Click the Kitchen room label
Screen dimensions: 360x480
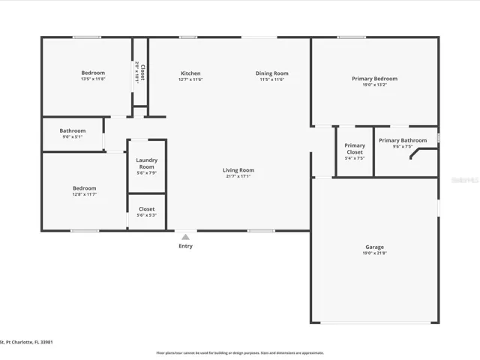[x=190, y=73]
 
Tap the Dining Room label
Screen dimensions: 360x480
[x=271, y=73]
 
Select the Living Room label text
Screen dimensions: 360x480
[x=238, y=170]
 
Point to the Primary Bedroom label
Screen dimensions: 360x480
[x=374, y=79]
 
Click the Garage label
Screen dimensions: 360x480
[x=374, y=247]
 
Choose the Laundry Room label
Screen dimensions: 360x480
[x=146, y=163]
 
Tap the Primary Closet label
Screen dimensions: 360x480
[x=355, y=148]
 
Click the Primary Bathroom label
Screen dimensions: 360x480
[x=403, y=140]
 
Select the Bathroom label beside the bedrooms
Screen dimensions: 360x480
[x=73, y=131]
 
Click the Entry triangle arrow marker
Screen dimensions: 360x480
[x=185, y=237]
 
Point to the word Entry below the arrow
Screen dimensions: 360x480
[x=185, y=246]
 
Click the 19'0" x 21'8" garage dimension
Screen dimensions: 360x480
[x=374, y=253]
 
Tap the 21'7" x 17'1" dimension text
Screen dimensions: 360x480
[x=238, y=177]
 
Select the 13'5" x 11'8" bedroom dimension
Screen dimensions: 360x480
[x=93, y=79]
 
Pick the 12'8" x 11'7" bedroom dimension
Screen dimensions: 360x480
[x=84, y=195]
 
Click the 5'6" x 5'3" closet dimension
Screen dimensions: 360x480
[x=146, y=215]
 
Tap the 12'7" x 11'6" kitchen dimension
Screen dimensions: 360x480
[x=190, y=79]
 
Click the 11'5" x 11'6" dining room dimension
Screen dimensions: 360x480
[x=271, y=79]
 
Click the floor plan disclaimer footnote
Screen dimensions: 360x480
[x=240, y=352]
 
